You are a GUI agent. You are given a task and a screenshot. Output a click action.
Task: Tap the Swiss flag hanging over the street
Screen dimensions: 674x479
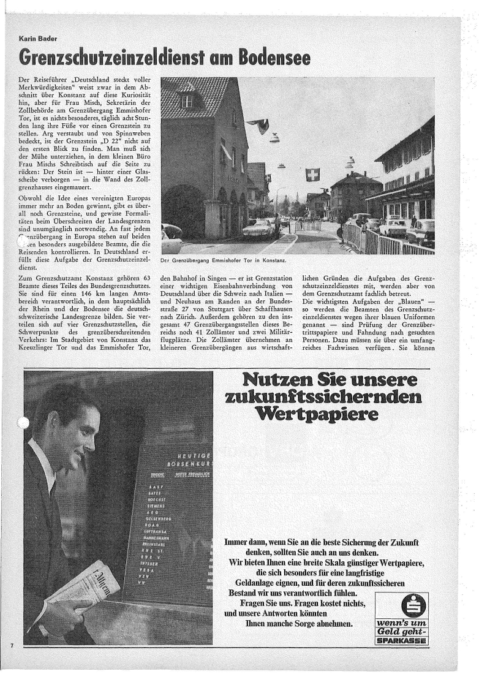tap(312, 175)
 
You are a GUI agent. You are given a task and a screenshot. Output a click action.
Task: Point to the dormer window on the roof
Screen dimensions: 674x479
tap(187, 100)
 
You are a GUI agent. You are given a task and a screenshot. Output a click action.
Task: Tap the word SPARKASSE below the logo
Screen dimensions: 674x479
tap(401, 642)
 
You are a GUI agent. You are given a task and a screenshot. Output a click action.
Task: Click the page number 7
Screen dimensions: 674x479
tap(12, 646)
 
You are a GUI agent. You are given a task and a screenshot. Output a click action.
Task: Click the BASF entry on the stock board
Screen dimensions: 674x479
tap(154, 488)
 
